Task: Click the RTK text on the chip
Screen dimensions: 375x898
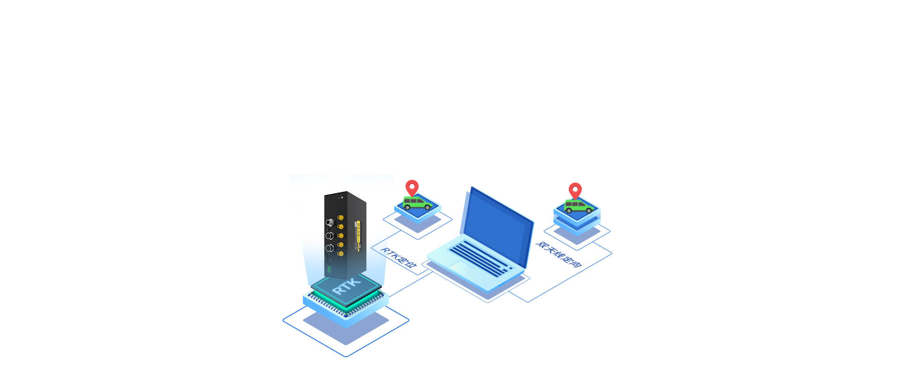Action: (347, 286)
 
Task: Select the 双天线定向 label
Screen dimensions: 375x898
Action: (558, 254)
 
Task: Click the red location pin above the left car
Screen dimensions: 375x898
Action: (412, 187)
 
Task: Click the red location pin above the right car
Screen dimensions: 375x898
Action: (575, 190)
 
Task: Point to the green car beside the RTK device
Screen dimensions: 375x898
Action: (417, 203)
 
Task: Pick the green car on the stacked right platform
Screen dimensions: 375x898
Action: (579, 206)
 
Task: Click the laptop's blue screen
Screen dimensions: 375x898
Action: (498, 227)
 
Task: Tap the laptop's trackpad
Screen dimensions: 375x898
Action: (462, 266)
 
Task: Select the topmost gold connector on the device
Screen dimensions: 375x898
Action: (340, 218)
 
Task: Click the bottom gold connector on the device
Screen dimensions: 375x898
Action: (340, 253)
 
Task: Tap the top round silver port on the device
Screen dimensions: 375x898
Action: (329, 222)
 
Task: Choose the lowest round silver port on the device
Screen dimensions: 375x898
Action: (329, 248)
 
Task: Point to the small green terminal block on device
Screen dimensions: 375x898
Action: (329, 269)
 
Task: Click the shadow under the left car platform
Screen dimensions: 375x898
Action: (418, 223)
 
